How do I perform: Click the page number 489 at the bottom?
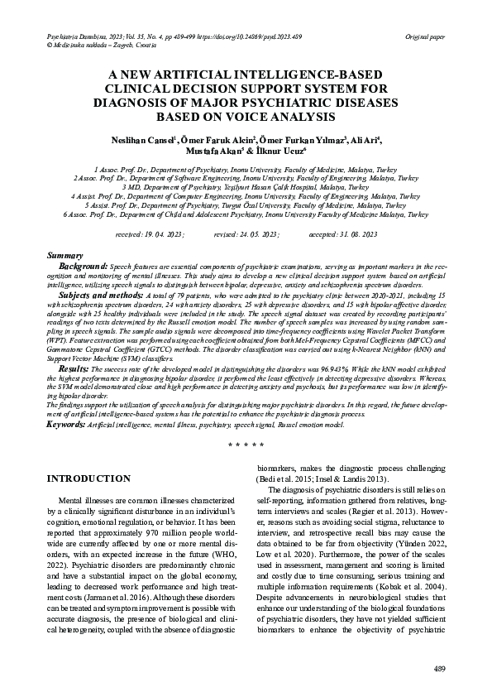pyautogui.click(x=440, y=668)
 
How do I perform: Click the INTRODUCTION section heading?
pyautogui.click(x=88, y=479)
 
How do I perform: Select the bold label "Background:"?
pyautogui.click(x=83, y=267)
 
